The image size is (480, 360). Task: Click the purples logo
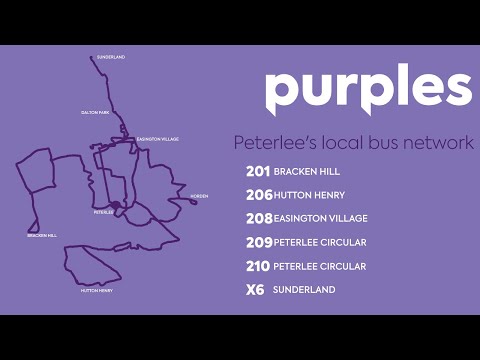367,92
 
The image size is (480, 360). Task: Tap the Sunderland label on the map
111,57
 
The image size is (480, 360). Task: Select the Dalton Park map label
94,113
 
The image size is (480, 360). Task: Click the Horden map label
199,196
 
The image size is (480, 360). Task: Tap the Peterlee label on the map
103,212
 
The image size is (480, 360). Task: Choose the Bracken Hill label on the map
42,235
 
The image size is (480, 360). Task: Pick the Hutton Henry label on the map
97,291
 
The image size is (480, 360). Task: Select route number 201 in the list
258,171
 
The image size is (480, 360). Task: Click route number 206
258,195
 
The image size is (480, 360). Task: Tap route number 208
258,218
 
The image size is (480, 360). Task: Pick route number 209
258,242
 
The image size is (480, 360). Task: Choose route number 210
258,266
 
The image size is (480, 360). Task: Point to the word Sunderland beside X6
304,290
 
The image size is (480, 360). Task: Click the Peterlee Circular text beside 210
320,266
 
